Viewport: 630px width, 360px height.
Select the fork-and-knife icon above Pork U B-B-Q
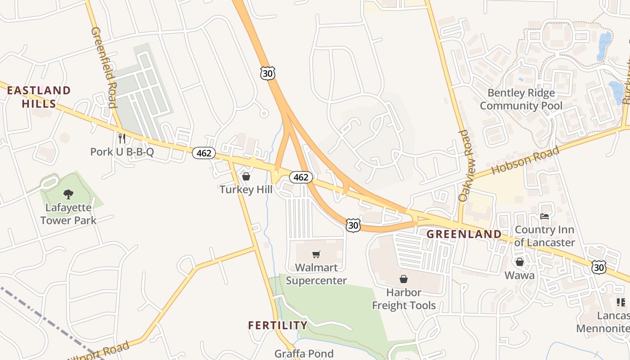(121, 138)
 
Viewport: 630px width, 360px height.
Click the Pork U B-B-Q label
(122, 152)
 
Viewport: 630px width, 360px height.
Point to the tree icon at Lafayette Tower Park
(68, 194)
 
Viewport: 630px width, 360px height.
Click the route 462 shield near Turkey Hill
(301, 177)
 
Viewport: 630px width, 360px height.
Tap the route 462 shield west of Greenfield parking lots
(204, 153)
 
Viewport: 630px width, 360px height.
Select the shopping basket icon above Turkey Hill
(246, 176)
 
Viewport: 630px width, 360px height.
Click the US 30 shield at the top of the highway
(268, 73)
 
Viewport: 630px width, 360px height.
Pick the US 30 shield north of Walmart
(353, 225)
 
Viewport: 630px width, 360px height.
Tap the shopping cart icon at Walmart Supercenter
(316, 255)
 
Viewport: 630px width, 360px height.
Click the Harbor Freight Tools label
(404, 299)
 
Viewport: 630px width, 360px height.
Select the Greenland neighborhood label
(464, 234)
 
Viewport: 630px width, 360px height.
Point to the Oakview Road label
(464, 166)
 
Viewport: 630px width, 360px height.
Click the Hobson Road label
(525, 161)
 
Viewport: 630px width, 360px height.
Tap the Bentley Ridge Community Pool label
(521, 99)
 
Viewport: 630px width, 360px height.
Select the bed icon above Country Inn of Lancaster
(544, 216)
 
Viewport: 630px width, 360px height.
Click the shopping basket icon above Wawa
(520, 261)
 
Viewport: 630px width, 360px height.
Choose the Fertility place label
(278, 325)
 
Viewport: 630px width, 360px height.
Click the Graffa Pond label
(304, 354)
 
